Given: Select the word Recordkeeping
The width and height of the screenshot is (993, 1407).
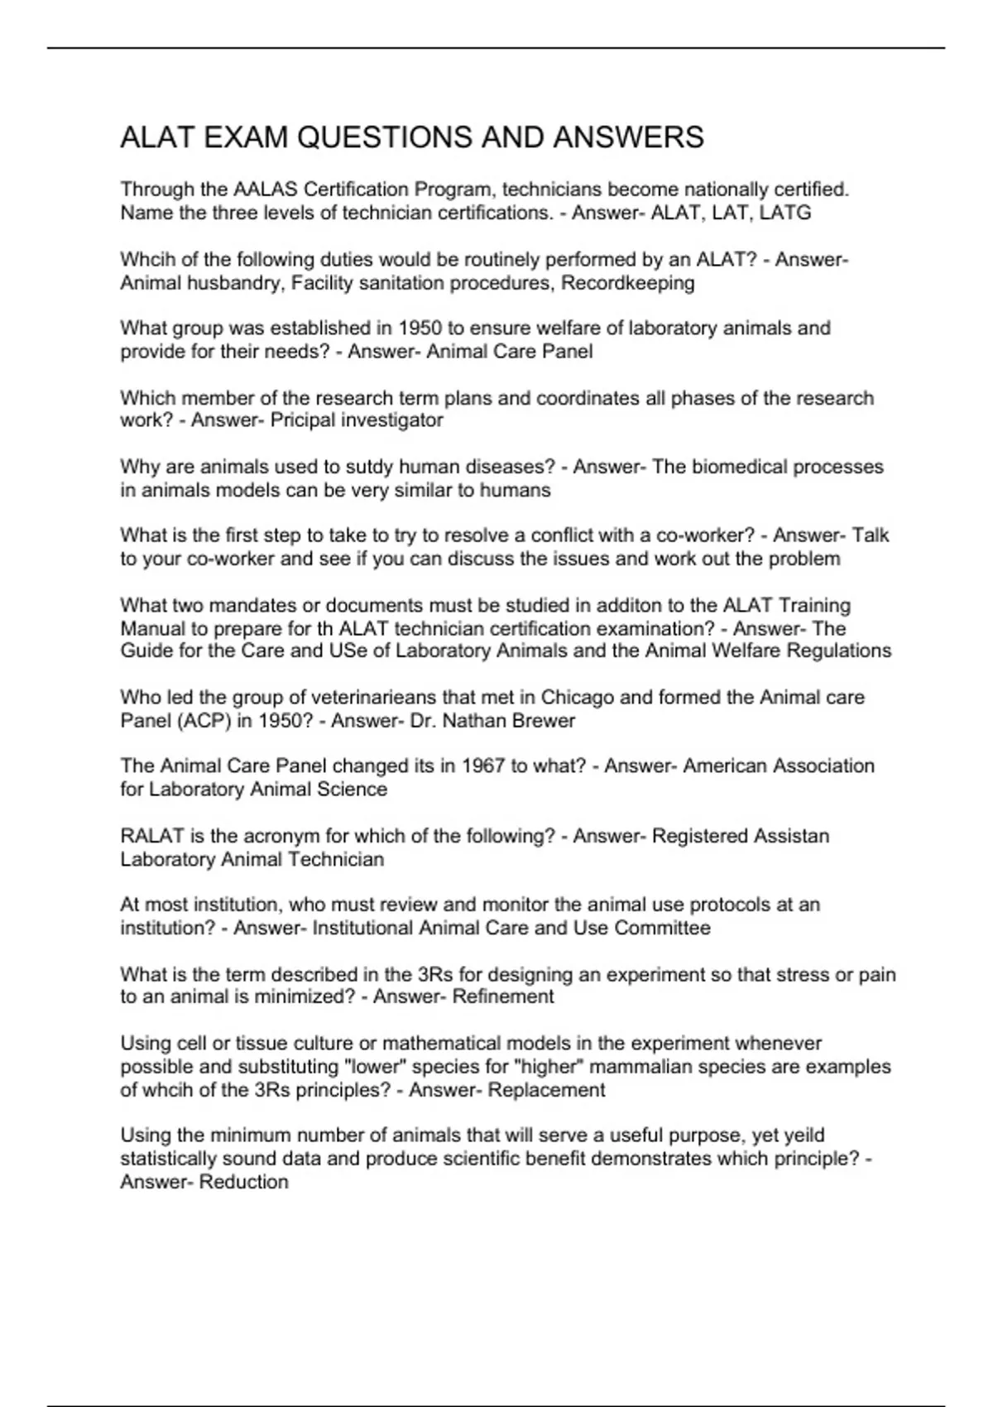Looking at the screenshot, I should click(628, 283).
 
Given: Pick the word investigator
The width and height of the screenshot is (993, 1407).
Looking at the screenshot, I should click(399, 420).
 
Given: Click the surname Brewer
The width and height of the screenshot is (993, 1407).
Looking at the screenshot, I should click(544, 721).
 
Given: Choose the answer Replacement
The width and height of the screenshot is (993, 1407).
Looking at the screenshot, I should click(546, 1090).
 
